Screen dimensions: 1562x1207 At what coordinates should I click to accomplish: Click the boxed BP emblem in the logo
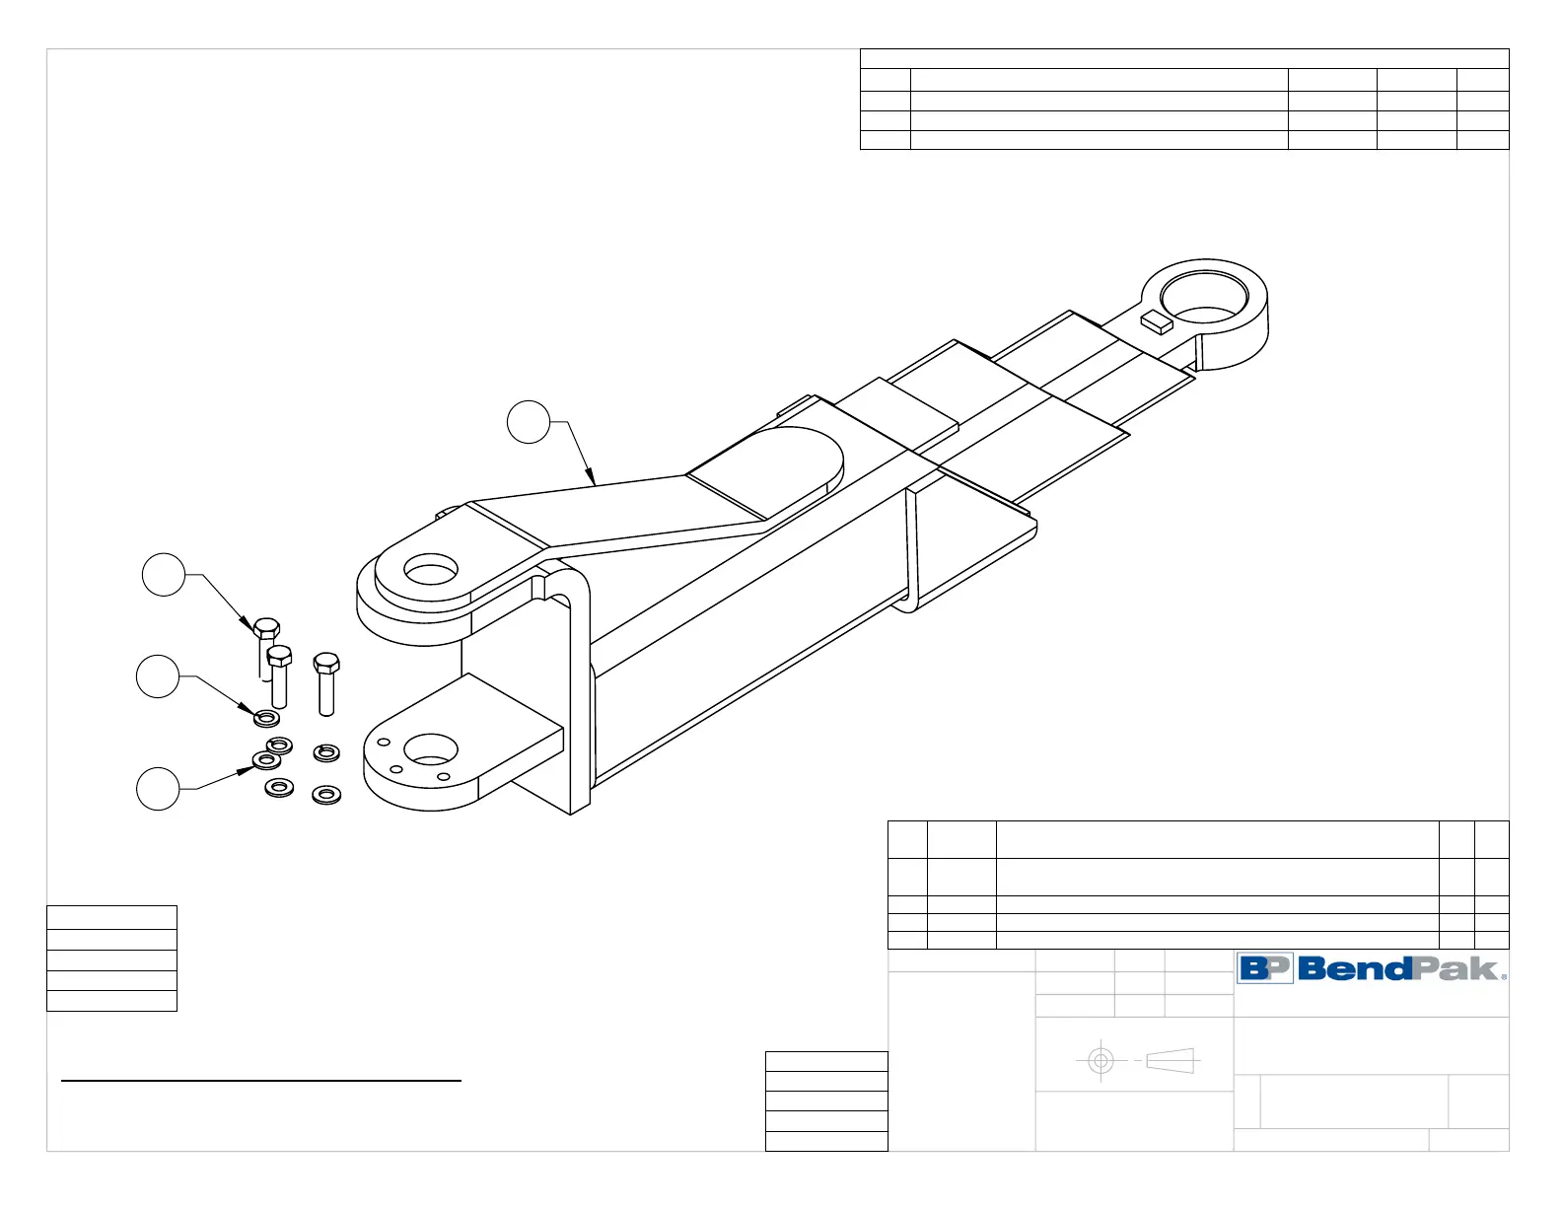[x=1265, y=968]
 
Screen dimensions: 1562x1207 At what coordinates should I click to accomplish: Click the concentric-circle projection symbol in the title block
[x=1100, y=1061]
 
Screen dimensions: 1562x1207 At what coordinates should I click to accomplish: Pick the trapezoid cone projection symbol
[x=1171, y=1061]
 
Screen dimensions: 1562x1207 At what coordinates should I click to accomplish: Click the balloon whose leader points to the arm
[x=529, y=422]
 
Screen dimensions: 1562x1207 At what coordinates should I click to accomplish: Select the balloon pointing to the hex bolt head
[x=164, y=575]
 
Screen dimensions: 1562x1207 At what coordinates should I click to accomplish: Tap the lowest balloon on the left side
[x=158, y=789]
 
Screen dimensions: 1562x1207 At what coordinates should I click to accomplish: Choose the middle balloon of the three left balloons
[x=158, y=676]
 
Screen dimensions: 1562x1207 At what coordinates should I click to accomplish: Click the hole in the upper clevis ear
[x=431, y=571]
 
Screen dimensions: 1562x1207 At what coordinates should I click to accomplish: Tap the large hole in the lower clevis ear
[x=431, y=749]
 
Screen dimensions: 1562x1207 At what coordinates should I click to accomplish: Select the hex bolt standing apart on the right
[x=326, y=682]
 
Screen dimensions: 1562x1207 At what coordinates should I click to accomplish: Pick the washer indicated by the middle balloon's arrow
[x=266, y=717]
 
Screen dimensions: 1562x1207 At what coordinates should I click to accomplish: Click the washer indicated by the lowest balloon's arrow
[x=266, y=760]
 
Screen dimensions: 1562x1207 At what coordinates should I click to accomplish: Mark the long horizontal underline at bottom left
[x=261, y=1082]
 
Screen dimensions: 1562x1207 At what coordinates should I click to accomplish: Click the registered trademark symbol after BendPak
[x=1504, y=976]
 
